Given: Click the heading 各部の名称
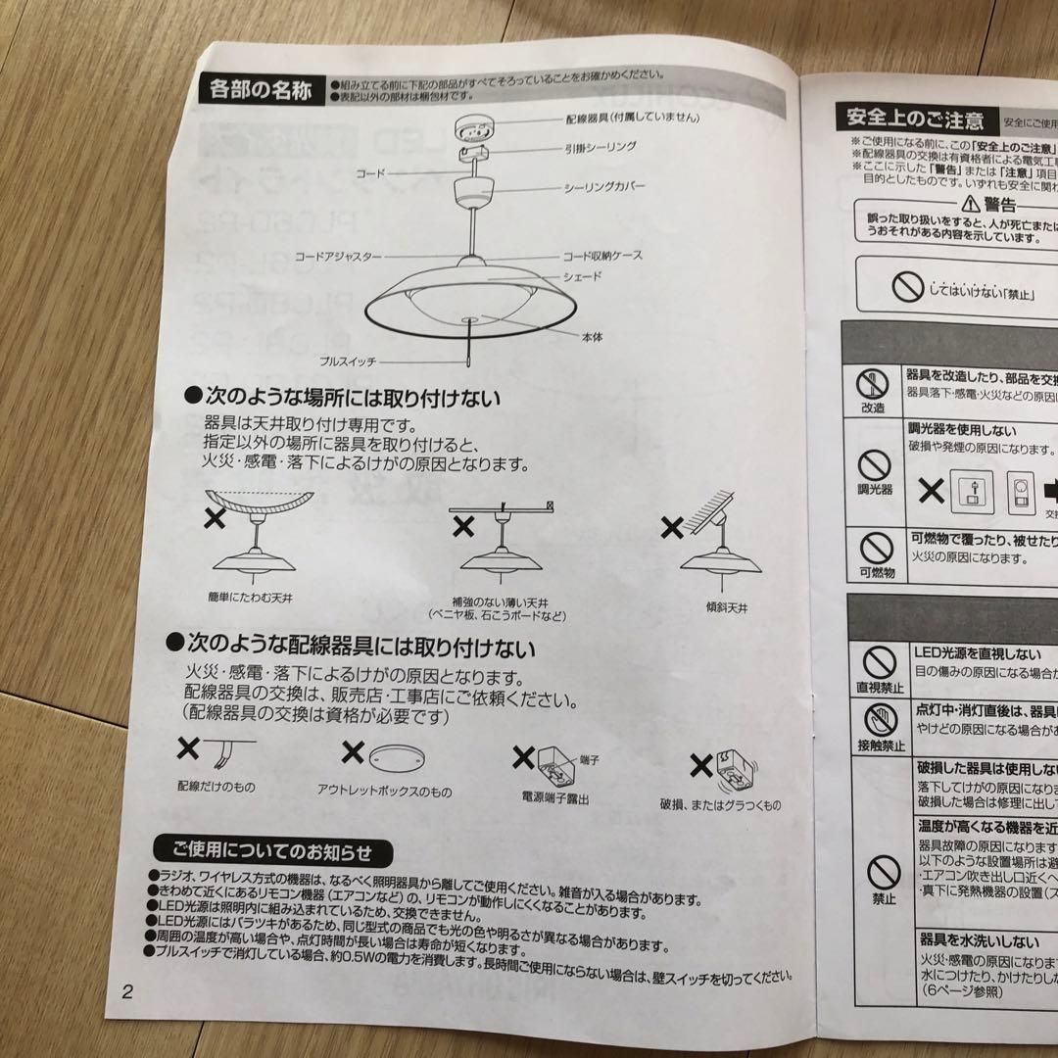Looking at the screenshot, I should pos(261,92).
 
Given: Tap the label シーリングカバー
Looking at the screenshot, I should pos(604,186).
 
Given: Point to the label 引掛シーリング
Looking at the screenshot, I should pos(601,146).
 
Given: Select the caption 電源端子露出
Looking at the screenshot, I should pos(554,798).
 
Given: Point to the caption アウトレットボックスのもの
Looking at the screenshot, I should pos(384,790).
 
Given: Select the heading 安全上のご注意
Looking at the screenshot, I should pos(910,120).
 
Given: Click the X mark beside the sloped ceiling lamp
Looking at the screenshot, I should pos(672,529).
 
